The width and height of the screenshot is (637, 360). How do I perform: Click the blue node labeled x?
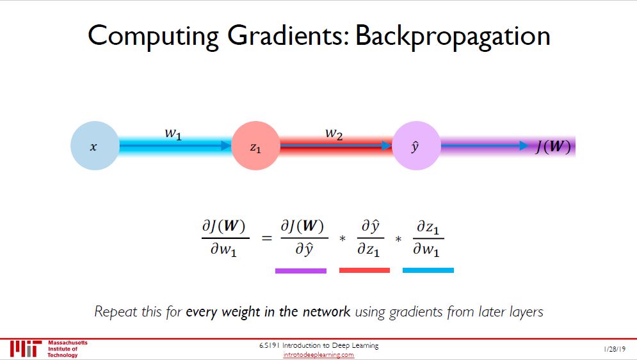[94, 147]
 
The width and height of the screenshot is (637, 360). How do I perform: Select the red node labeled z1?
[255, 147]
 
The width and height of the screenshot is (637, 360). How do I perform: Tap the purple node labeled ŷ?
[415, 147]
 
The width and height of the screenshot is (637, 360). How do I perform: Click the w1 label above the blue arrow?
[173, 134]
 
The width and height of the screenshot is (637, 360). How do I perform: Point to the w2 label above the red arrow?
[333, 134]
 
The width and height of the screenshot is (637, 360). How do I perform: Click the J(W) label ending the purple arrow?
[552, 147]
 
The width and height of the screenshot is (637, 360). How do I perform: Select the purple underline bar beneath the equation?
[300, 271]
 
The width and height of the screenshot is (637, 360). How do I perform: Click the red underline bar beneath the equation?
[364, 271]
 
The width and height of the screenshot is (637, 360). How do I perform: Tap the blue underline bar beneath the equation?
[428, 271]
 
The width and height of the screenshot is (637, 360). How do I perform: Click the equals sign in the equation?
[266, 238]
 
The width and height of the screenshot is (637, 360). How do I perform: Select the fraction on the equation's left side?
[223, 238]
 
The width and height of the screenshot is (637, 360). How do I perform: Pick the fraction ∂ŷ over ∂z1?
[370, 238]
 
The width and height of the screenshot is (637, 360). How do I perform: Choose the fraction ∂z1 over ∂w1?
[426, 238]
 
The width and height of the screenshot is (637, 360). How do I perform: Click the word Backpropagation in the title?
[452, 36]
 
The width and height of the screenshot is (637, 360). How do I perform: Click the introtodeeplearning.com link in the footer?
[318, 355]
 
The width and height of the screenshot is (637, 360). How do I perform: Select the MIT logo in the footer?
[26, 349]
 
